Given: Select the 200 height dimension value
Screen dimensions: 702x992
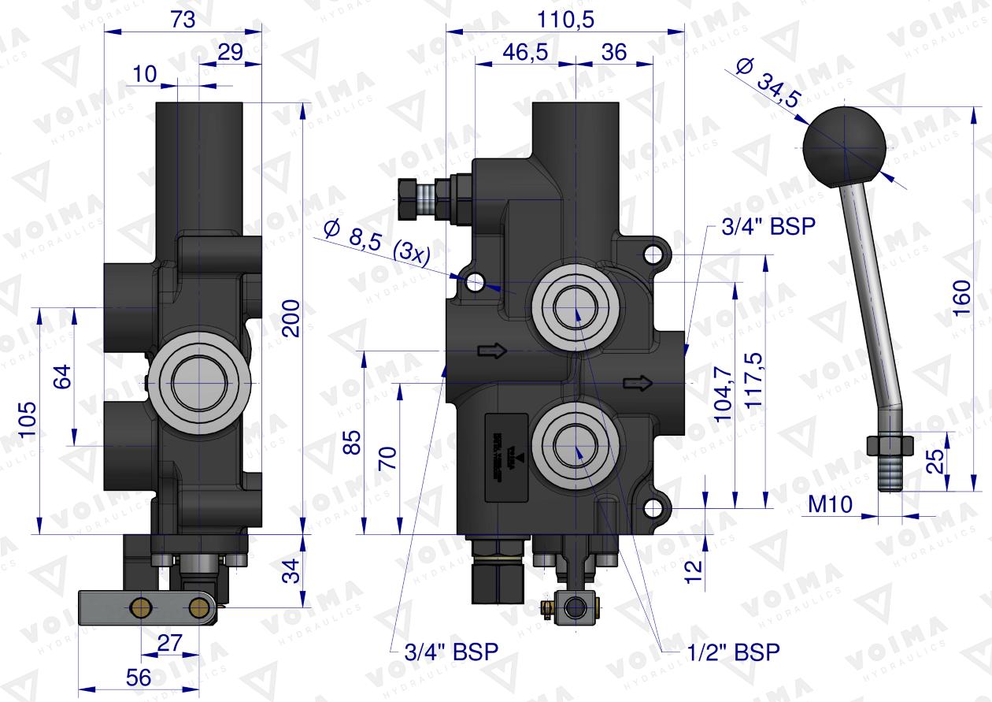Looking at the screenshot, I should click(x=291, y=318).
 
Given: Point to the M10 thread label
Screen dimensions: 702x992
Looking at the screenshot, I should click(x=831, y=505).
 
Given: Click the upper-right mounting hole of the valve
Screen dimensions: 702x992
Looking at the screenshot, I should click(x=651, y=254).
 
